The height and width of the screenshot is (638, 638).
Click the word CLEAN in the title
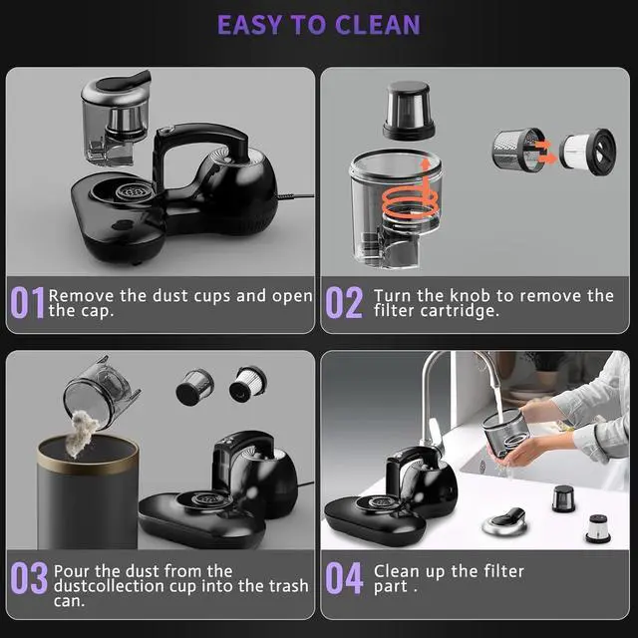coord(371,24)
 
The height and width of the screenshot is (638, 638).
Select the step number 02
coord(344,303)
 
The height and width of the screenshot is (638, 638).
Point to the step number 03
coord(29,579)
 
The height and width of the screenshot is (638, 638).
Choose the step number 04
coord(345,579)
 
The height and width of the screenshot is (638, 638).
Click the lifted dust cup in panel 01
coord(117,115)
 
